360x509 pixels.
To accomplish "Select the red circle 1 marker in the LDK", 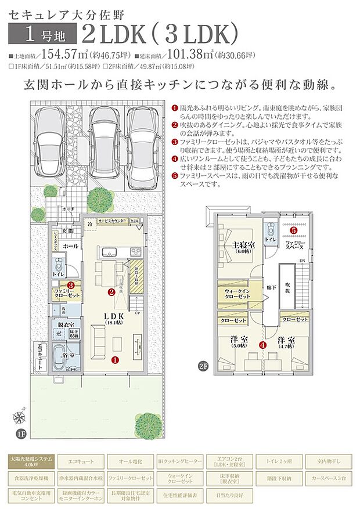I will click(115, 359).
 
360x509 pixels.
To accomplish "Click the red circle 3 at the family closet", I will click(70, 285).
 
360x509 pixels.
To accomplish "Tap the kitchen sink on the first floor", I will click(109, 252).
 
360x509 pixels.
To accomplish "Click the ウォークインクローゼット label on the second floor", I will click(236, 293).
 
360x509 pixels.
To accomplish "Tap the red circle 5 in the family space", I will click(293, 230).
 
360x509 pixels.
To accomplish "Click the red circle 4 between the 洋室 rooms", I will click(263, 345).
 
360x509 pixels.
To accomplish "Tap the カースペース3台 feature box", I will click(328, 478).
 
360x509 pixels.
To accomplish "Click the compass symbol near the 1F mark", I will click(20, 416).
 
